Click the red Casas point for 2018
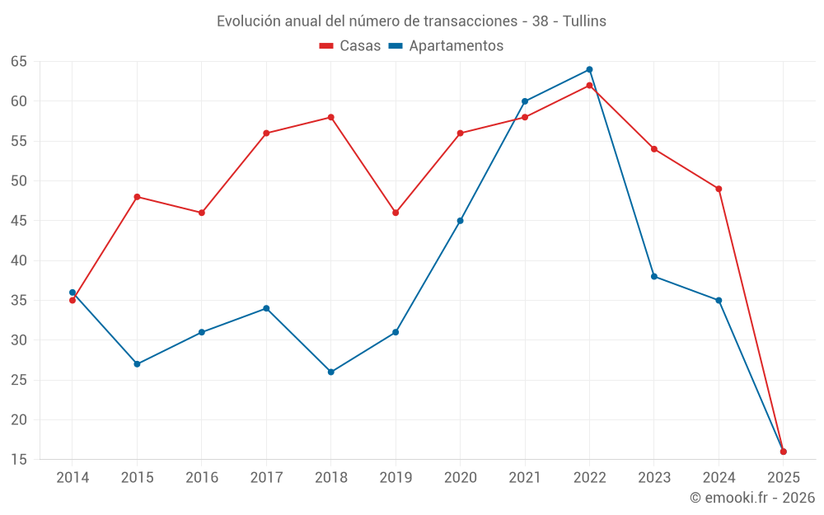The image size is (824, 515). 331,117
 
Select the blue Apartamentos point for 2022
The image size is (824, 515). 589,69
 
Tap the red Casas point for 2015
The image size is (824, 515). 137,197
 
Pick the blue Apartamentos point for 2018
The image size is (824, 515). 331,372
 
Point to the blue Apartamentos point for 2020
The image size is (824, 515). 460,221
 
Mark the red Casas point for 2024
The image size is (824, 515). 719,189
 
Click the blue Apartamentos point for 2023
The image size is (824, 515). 654,276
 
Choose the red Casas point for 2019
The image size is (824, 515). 396,213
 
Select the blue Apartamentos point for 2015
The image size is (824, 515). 137,363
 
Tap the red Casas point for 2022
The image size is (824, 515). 589,85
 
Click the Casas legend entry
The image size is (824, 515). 350,46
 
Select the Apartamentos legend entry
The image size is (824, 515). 446,46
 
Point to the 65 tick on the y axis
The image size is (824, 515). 19,62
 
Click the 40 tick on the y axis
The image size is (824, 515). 19,260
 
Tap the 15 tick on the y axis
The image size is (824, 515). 19,459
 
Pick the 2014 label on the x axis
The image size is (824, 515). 73,477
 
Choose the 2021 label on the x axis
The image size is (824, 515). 525,477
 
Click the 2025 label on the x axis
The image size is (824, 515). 783,477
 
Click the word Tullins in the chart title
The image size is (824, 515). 584,21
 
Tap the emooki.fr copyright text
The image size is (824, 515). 752,498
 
